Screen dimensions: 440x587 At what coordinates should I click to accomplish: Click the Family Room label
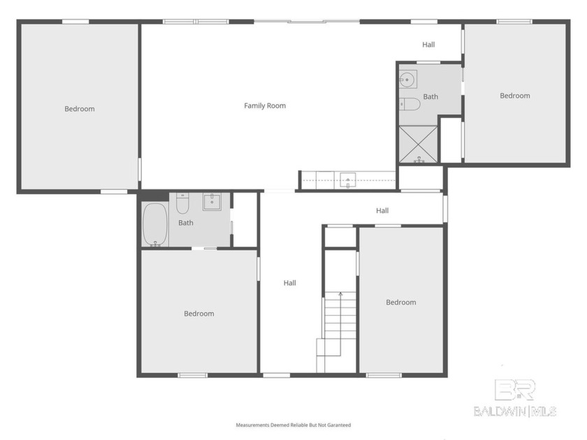point(265,105)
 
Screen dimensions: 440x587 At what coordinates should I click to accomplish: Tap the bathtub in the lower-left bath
point(154,223)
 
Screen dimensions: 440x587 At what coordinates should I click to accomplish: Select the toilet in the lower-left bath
point(182,204)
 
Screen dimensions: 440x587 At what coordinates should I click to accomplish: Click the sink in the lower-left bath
point(212,202)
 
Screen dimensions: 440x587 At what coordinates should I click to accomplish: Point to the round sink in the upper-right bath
point(407,80)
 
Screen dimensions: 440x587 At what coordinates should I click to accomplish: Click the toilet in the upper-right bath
point(410,104)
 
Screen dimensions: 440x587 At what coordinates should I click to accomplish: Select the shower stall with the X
point(418,144)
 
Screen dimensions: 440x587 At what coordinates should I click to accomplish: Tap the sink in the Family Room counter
point(348,181)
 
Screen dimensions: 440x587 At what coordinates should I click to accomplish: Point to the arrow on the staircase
point(340,295)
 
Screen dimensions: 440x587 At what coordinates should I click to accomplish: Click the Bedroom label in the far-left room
point(80,109)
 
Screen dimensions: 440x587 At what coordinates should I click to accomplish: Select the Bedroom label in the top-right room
point(515,96)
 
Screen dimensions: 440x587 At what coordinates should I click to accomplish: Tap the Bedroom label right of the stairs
point(401,302)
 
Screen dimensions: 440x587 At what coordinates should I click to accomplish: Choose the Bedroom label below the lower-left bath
point(199,314)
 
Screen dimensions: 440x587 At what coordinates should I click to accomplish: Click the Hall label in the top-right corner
point(428,45)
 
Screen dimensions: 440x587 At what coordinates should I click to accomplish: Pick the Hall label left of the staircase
point(290,283)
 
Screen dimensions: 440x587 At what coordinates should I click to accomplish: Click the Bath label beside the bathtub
point(186,223)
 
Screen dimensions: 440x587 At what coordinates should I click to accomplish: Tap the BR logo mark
point(514,390)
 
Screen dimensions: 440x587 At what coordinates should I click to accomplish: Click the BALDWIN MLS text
point(515,411)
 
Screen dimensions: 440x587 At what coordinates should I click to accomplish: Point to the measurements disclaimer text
point(293,425)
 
